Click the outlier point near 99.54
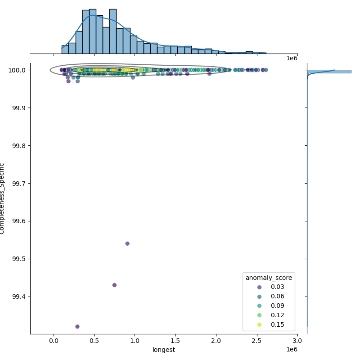[x=127, y=243]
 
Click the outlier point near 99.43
[x=114, y=285]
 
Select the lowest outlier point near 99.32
[x=77, y=327]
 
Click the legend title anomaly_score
[x=269, y=278]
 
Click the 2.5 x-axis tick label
[x=257, y=341]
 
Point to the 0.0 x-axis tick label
[x=54, y=341]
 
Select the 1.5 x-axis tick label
[x=176, y=341]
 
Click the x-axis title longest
[x=164, y=350]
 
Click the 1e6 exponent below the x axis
[x=292, y=350]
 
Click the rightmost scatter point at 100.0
[x=266, y=70]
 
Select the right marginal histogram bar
[x=328, y=71]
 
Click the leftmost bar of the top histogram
[x=65, y=49]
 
